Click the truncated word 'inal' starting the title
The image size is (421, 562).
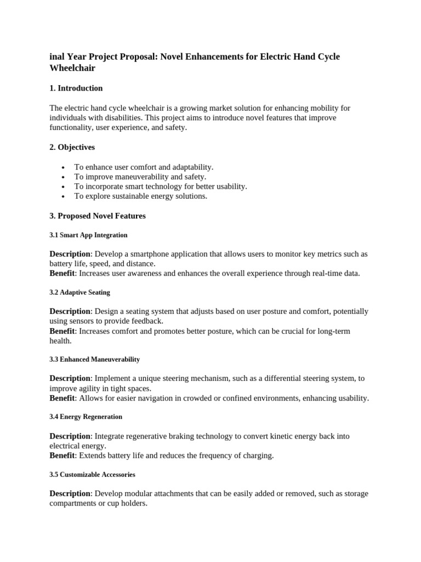56,57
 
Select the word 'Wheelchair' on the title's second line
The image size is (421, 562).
72,68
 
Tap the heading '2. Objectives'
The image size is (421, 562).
72,148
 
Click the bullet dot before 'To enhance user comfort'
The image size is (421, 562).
64,167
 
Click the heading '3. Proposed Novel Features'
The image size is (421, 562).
98,216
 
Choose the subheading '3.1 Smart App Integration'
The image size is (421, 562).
88,235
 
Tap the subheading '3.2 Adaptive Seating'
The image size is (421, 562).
79,293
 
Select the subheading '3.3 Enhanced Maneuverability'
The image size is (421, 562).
94,359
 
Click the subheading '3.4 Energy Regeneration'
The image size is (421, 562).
86,417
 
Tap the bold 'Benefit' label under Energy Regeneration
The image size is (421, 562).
62,456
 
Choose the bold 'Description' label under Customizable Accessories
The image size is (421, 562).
70,493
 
